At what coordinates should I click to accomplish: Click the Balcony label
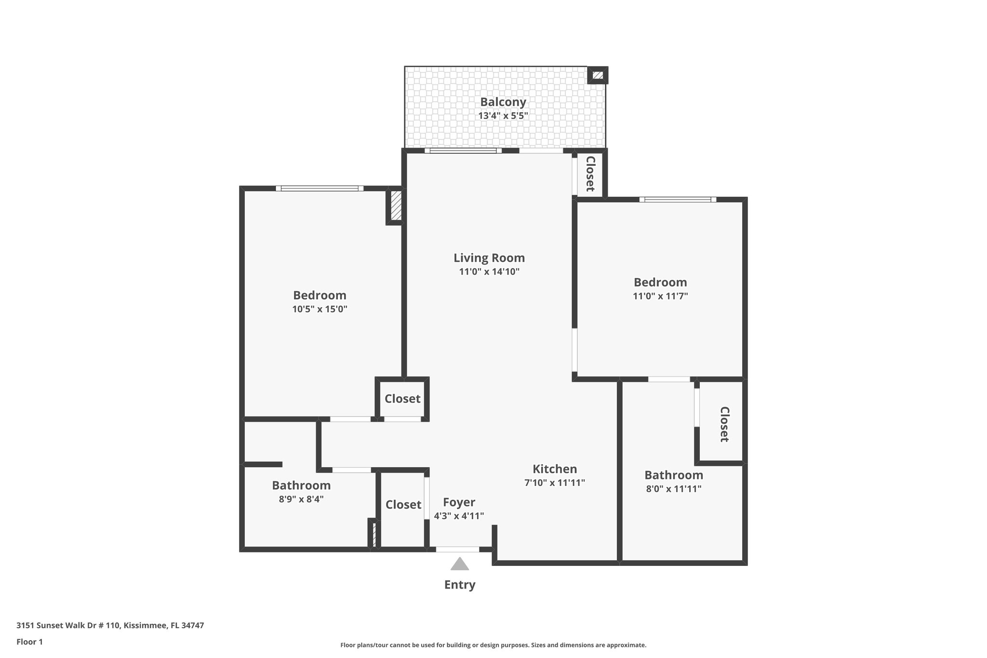[x=503, y=102]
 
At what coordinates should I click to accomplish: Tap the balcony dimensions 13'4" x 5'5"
[x=503, y=116]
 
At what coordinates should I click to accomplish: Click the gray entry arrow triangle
[x=459, y=564]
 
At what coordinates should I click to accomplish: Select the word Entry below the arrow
[x=459, y=585]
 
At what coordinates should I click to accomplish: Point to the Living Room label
[x=489, y=258]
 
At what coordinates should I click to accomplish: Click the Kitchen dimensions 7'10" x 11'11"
[x=554, y=483]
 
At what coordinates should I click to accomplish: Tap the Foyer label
[x=459, y=502]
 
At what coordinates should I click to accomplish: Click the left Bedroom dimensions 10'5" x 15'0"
[x=320, y=309]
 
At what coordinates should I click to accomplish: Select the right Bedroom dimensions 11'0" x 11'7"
[x=660, y=296]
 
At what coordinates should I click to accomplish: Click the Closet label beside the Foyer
[x=403, y=505]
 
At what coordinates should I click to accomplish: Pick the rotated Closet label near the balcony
[x=590, y=174]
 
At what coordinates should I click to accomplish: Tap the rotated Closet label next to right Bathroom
[x=724, y=424]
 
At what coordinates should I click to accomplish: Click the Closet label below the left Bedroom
[x=402, y=399]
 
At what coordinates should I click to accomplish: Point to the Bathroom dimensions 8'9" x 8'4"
[x=301, y=499]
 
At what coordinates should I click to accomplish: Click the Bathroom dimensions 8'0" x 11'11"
[x=673, y=489]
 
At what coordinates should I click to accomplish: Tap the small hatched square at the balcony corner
[x=598, y=75]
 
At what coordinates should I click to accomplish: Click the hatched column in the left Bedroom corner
[x=395, y=206]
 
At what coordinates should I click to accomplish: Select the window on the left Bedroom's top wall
[x=320, y=188]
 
